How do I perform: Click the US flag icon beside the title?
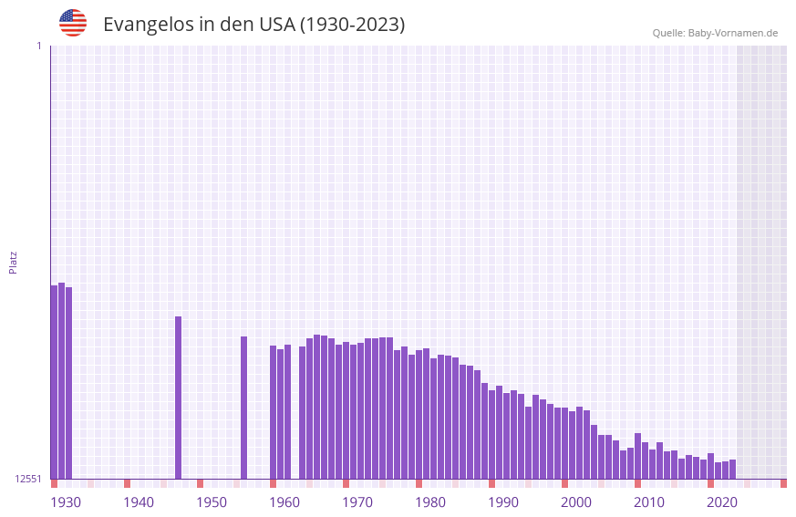click(73, 23)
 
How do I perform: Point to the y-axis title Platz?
click(13, 262)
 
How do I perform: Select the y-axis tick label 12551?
click(28, 479)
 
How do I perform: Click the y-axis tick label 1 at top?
click(39, 46)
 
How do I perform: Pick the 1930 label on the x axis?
click(66, 502)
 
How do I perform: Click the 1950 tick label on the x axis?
click(212, 502)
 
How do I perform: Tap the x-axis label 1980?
click(430, 502)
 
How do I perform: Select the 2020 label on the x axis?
click(722, 502)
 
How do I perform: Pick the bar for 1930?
click(54, 382)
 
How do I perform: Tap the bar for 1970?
click(346, 410)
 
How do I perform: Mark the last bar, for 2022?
click(732, 469)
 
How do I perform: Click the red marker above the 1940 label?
click(127, 483)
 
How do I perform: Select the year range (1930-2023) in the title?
click(352, 25)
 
